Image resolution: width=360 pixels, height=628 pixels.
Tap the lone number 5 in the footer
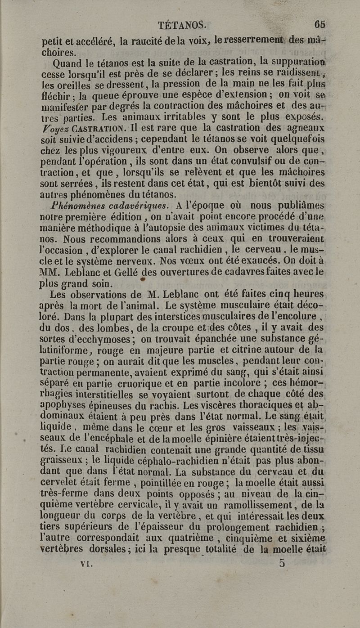coord(281,562)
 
